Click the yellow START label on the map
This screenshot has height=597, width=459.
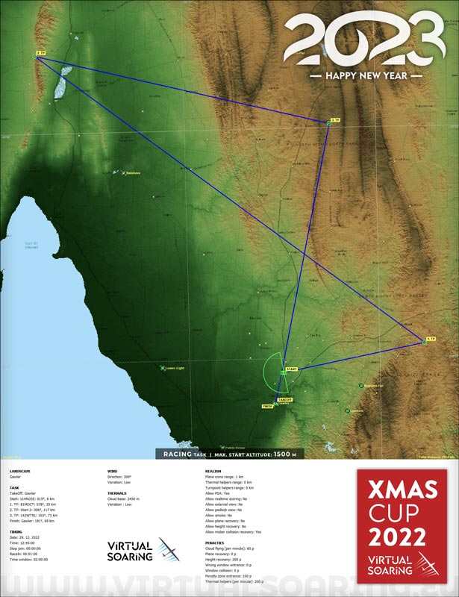(x=291, y=369)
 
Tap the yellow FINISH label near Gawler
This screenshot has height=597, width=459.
(x=268, y=406)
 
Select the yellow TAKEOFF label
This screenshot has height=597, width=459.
(x=284, y=400)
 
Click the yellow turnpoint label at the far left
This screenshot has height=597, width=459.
(x=40, y=53)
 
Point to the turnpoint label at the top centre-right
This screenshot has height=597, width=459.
(x=334, y=120)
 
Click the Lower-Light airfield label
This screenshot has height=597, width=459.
(x=175, y=368)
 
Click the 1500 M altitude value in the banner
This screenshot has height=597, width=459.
(x=285, y=454)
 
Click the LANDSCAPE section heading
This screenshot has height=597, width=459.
(x=20, y=472)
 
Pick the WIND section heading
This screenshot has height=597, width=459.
(x=112, y=472)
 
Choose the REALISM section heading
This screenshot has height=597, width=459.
(x=213, y=472)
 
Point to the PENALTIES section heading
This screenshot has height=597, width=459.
(x=215, y=543)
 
